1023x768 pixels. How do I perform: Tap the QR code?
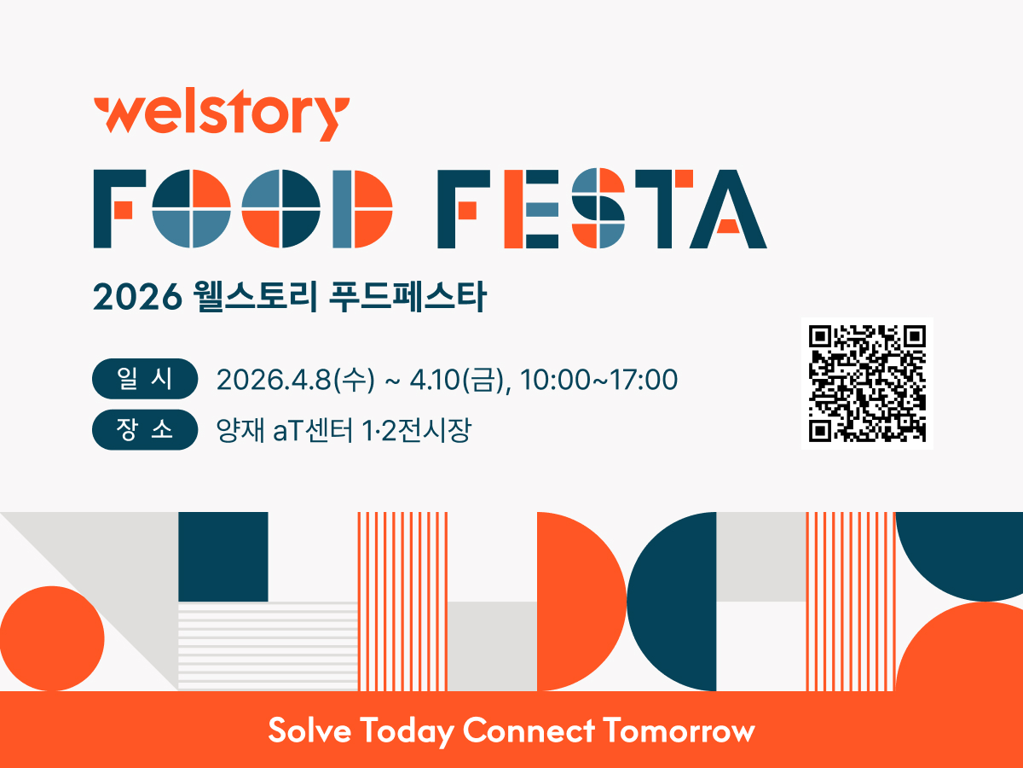coord(867,383)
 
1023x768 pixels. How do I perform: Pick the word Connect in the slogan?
coord(529,730)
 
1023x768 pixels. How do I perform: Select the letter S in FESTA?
coord(598,209)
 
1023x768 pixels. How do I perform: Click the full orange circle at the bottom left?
coord(52,638)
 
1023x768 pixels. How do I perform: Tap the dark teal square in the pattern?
coord(223,556)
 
